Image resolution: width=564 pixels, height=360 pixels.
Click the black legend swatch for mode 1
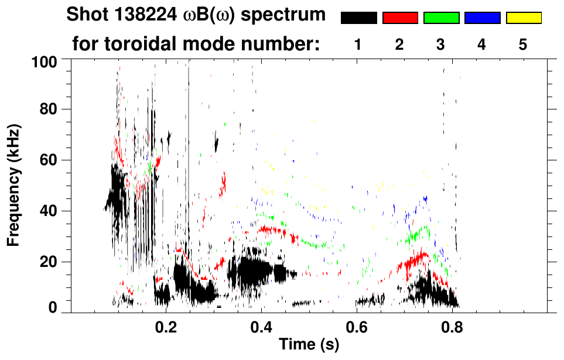(x=358, y=18)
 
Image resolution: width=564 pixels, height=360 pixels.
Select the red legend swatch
(x=400, y=18)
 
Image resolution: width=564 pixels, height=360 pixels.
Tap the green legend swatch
(x=441, y=18)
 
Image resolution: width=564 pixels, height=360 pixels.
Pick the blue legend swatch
(x=482, y=18)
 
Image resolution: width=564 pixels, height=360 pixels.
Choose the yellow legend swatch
(x=524, y=18)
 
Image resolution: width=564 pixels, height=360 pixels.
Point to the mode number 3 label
(x=441, y=45)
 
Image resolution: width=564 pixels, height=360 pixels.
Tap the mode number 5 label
(x=524, y=45)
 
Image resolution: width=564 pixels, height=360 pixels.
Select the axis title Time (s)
(x=308, y=345)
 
